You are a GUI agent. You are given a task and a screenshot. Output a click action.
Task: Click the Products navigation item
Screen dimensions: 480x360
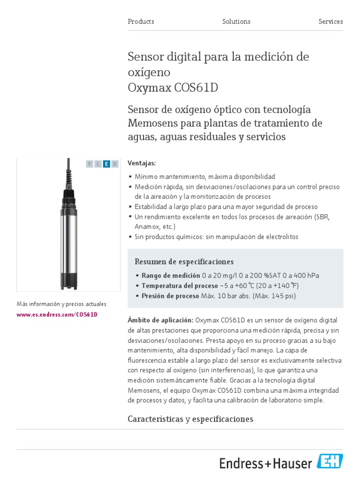141,22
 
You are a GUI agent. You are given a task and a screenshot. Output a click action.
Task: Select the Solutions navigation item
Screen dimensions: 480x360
236,22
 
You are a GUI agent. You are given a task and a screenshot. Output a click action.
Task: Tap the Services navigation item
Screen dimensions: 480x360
330,22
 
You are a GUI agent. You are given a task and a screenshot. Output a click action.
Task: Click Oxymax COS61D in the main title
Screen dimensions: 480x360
173,88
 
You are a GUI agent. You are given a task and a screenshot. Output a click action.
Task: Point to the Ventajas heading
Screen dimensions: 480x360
142,163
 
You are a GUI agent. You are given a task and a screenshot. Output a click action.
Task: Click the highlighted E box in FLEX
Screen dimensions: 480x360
106,164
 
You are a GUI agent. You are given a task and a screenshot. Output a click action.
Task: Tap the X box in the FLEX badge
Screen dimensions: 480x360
115,164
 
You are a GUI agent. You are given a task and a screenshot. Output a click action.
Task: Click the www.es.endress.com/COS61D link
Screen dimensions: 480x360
57,315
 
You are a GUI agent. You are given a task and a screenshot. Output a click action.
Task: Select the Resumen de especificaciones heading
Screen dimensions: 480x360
184,262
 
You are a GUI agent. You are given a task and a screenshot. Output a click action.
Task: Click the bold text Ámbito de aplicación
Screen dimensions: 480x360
160,320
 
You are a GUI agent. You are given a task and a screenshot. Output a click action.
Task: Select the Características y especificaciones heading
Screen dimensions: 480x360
190,419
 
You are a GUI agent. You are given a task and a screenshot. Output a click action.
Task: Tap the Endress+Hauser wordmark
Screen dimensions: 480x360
266,464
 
